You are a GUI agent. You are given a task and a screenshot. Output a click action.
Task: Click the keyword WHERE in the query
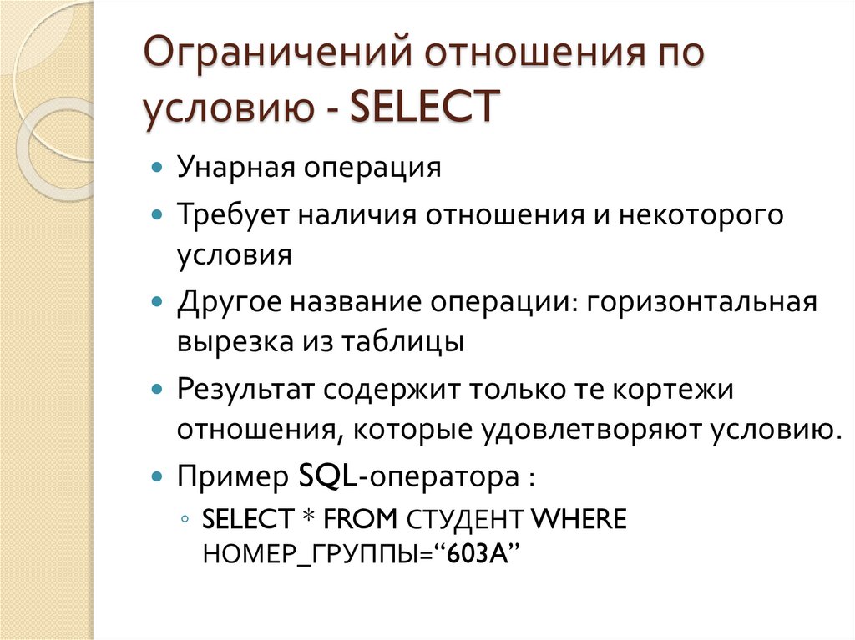(x=579, y=521)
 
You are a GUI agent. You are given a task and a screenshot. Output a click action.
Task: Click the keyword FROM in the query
(x=361, y=521)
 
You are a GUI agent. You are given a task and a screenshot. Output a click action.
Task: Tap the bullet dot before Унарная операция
(x=158, y=169)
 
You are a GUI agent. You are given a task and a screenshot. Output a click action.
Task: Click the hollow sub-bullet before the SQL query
(x=185, y=521)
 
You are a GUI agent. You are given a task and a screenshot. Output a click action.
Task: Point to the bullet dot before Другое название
(x=158, y=300)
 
